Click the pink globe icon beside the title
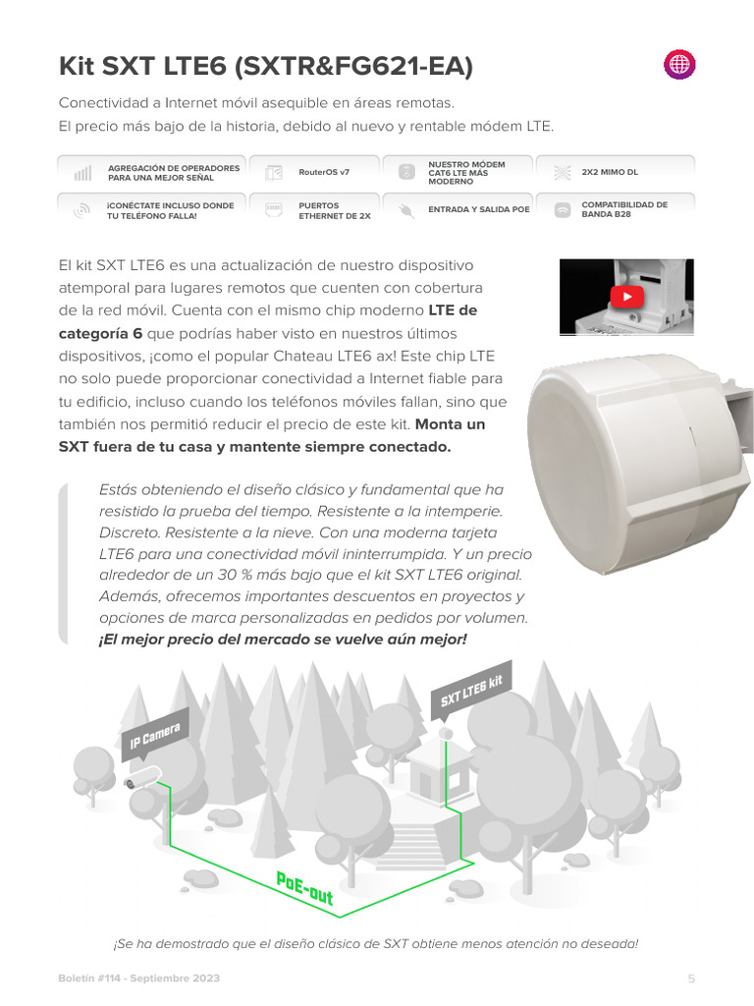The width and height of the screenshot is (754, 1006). (679, 65)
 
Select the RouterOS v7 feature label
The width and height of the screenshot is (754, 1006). (324, 172)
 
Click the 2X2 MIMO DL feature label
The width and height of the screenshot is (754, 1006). (610, 172)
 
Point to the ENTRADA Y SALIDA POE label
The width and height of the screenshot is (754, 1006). (479, 209)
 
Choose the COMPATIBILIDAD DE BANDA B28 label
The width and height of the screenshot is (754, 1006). (624, 209)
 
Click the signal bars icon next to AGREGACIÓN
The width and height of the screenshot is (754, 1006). (82, 173)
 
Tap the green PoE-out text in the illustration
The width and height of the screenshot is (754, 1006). (304, 887)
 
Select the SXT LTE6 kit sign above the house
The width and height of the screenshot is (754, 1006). (472, 692)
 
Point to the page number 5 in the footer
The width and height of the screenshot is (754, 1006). (691, 978)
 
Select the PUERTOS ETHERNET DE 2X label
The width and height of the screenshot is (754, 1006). (335, 210)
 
